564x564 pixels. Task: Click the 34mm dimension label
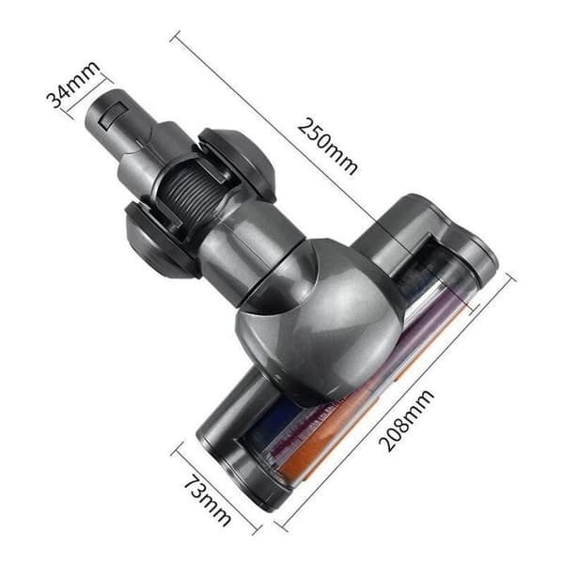pos(73,85)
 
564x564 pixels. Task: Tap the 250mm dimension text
pos(327,146)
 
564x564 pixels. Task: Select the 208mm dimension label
pos(406,420)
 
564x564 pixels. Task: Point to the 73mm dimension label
pos(208,501)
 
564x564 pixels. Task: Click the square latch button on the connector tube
pos(113,115)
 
